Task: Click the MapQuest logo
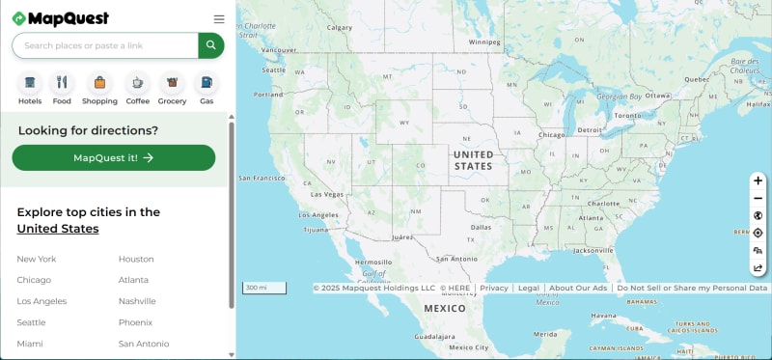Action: click(x=60, y=18)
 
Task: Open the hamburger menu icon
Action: click(x=219, y=18)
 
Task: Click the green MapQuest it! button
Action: click(x=114, y=157)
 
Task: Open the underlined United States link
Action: click(x=58, y=229)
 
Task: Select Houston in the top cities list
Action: click(x=136, y=259)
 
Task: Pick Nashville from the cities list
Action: click(x=137, y=301)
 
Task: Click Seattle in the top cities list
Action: click(x=31, y=322)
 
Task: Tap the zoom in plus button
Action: click(x=758, y=180)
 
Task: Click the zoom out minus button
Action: click(x=758, y=198)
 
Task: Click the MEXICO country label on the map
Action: click(x=445, y=308)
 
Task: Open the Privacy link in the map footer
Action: click(x=494, y=288)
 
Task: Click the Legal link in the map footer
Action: click(x=529, y=288)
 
